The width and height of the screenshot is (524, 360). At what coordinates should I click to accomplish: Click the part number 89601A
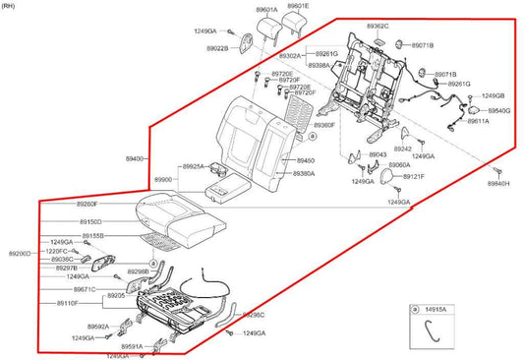click(x=266, y=10)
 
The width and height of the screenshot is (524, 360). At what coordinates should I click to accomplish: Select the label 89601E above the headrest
click(x=297, y=7)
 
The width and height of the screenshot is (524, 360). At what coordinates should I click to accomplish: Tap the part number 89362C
click(x=378, y=26)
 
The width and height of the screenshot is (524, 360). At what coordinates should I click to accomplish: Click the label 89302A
click(x=294, y=56)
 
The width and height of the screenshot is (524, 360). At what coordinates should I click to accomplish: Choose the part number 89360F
click(x=323, y=125)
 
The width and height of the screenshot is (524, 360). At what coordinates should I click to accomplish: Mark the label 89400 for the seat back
click(x=136, y=158)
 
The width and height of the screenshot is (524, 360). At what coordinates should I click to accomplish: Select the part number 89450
click(x=306, y=159)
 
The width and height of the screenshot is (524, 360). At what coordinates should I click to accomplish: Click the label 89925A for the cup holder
click(x=193, y=167)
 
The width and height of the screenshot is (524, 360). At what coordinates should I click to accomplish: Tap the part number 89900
click(x=162, y=180)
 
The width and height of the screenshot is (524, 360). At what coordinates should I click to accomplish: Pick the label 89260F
click(x=87, y=204)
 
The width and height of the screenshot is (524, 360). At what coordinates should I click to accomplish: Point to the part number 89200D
click(x=21, y=253)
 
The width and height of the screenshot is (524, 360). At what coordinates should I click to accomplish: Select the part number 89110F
click(x=68, y=304)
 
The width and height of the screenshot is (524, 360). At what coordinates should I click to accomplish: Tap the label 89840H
click(x=501, y=184)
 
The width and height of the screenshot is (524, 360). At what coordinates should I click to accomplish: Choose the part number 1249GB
click(x=493, y=95)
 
